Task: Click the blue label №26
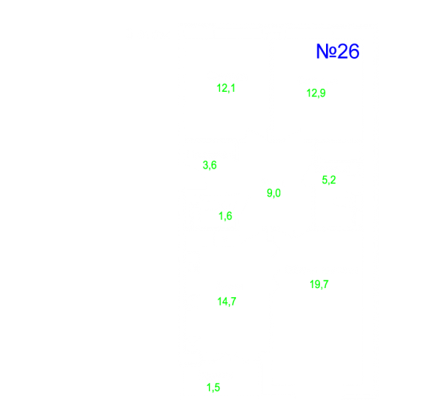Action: coord(337,51)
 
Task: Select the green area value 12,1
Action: coord(226,88)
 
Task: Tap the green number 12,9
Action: coord(316,93)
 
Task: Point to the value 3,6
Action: coord(210,166)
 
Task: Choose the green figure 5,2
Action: coord(328,180)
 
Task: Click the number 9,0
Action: coord(274,193)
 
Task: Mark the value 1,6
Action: coord(225,216)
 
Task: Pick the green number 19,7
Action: coord(319,284)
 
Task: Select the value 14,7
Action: coord(227,302)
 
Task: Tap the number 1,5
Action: coord(213,387)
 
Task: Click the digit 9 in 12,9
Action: coord(322,93)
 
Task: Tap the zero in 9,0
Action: coord(278,193)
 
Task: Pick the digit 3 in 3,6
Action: coord(206,165)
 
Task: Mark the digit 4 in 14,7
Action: coord(224,301)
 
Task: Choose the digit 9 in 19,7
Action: coord(316,284)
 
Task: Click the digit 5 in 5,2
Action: coord(325,179)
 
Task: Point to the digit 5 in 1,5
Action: coord(217,387)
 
